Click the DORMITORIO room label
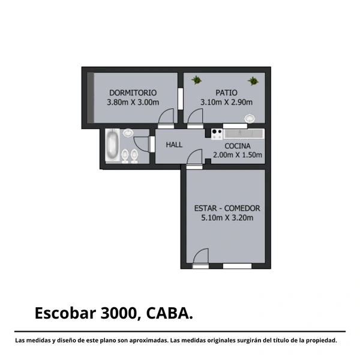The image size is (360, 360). coord(133,93)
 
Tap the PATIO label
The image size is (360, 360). coord(226,93)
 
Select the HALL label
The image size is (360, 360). coord(174,145)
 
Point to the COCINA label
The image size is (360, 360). coord(238,146)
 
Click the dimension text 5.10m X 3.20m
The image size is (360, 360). coord(227,218)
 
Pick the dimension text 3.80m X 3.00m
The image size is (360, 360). coord(133,102)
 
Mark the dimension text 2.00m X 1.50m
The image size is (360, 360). coord(238,155)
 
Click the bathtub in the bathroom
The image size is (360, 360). coord(113,145)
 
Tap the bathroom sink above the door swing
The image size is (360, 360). coord(128,133)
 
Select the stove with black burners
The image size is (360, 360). coord(217,134)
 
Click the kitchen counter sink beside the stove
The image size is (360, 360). coord(244,134)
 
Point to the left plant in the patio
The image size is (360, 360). coord(197,80)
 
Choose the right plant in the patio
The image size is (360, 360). coord(253,81)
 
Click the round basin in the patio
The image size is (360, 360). coord(250,119)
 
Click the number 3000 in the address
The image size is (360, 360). coord(119,313)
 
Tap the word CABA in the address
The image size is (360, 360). coord(168,313)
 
